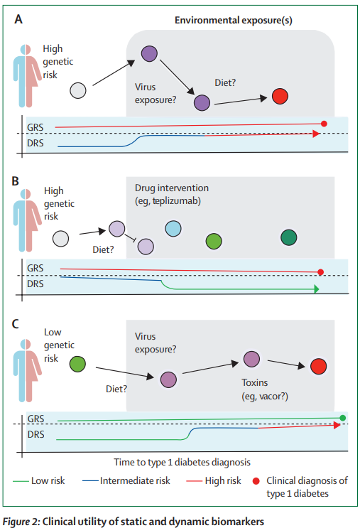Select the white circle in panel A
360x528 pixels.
(78, 90)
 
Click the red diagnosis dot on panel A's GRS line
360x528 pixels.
(324, 124)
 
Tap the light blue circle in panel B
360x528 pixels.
(173, 228)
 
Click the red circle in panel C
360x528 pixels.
(317, 365)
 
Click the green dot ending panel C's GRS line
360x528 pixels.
(343, 417)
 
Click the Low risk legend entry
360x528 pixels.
(48, 481)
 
